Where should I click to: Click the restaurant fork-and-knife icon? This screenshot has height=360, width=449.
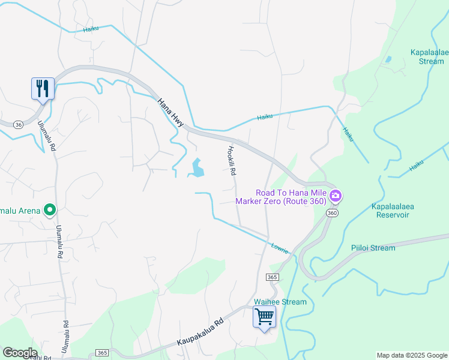tap(43, 88)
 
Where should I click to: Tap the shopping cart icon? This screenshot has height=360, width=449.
tap(264, 316)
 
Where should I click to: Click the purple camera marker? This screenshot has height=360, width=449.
tap(336, 196)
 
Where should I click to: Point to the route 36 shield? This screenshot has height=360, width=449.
tap(19, 124)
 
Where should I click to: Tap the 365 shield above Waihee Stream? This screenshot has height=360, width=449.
tap(272, 277)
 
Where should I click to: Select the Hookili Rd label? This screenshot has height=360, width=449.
tap(231, 161)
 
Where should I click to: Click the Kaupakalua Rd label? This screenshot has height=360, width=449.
tap(200, 331)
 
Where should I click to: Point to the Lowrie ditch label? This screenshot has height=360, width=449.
tap(280, 247)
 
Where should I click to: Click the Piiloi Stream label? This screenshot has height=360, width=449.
tap(373, 248)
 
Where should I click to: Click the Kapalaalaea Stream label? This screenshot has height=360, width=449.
tap(429, 56)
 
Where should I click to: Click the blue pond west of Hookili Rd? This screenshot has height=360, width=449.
tap(196, 168)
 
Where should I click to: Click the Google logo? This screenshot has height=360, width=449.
tap(20, 353)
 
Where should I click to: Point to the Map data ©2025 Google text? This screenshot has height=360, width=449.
tap(411, 355)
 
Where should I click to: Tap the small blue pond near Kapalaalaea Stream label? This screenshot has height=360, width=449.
tap(388, 59)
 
